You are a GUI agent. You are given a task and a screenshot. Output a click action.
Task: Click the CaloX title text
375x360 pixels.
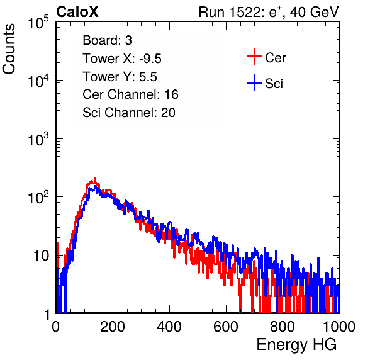(77, 12)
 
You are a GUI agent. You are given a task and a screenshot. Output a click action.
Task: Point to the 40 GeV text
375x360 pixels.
(315, 12)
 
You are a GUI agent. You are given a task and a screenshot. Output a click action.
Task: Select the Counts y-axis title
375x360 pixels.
(9, 49)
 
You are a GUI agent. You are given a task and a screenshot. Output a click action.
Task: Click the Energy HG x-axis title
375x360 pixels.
(296, 345)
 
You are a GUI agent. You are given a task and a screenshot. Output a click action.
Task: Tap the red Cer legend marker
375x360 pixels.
(254, 57)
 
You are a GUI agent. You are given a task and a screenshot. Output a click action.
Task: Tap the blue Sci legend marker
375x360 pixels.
(254, 83)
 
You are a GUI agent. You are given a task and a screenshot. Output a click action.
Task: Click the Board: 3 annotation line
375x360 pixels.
(107, 40)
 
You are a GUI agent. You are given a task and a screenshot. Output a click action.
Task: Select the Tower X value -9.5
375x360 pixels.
(150, 59)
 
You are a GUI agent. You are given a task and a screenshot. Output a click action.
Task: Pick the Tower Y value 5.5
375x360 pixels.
(148, 77)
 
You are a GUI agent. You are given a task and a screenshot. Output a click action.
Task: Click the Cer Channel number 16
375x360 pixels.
(171, 94)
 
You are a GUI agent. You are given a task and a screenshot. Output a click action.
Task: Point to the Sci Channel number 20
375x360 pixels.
(168, 113)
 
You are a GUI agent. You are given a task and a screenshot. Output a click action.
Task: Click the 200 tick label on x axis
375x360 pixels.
(113, 327)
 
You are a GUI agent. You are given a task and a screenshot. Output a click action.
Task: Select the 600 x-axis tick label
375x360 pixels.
(226, 327)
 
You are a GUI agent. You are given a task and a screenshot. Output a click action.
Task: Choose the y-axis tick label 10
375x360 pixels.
(42, 256)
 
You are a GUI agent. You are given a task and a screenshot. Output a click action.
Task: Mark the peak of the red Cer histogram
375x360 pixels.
(95, 179)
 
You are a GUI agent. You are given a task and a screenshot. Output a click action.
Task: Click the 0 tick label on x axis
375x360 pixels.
(56, 327)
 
